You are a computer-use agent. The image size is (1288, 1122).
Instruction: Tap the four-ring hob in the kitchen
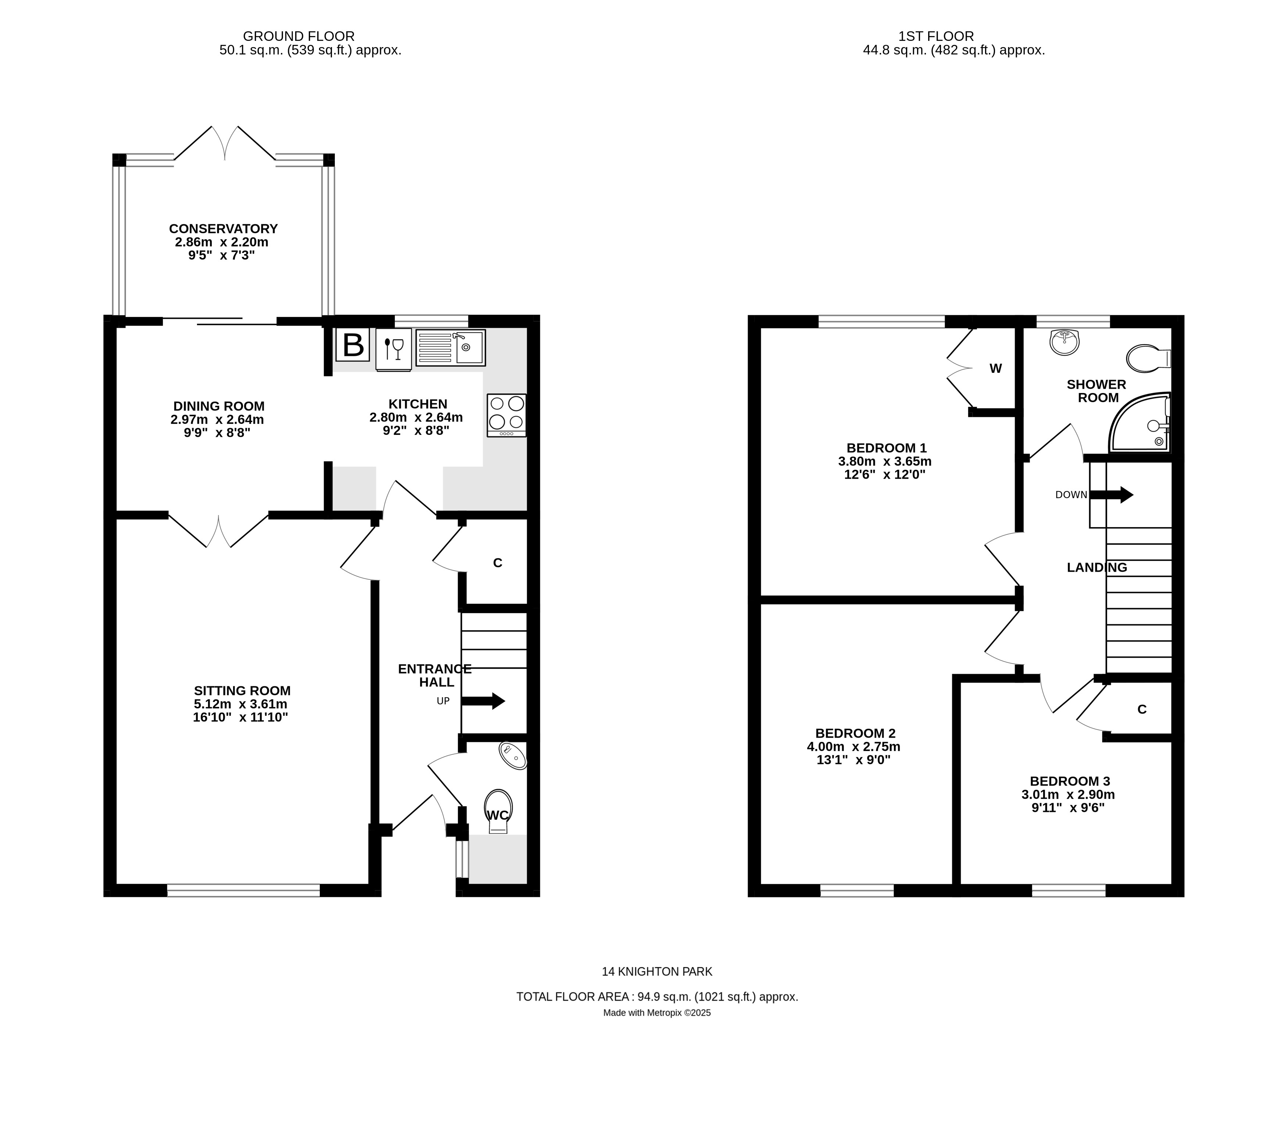(507, 414)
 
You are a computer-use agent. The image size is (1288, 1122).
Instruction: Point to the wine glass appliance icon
(394, 349)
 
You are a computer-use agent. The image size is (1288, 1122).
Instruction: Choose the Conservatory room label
(223, 229)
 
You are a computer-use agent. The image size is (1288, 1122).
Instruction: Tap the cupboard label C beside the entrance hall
(498, 563)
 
